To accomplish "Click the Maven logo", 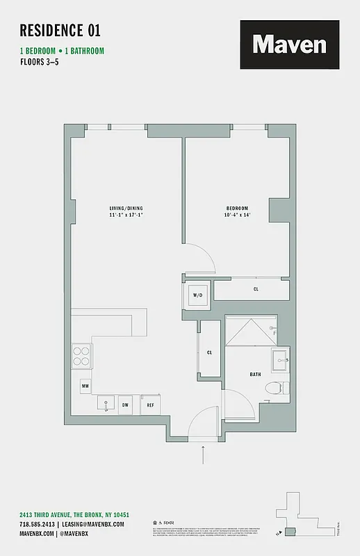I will point(290,44).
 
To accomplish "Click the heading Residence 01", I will point(60,30).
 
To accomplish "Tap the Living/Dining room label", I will point(126,208).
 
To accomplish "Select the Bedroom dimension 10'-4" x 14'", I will point(237,215).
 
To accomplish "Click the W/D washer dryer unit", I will point(197,295).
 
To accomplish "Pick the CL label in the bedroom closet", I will point(256,288).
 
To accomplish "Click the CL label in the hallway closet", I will point(209,352).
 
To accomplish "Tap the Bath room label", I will point(255,375).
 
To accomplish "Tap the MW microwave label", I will point(84,385).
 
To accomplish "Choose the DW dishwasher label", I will point(126,404).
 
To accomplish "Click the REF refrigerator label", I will point(149,404).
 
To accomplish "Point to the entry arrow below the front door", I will point(204,455).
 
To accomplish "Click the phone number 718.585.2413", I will point(37,524).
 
